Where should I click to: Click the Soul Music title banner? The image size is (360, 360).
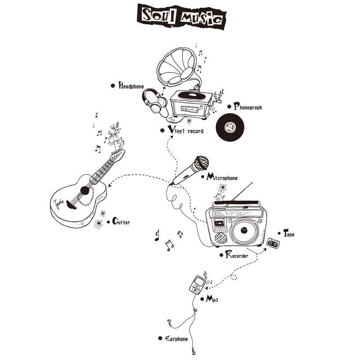click(x=182, y=16)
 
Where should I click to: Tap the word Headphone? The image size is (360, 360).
click(x=131, y=85)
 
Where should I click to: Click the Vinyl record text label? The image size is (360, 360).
click(x=185, y=130)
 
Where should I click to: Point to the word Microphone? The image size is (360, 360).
click(x=222, y=177)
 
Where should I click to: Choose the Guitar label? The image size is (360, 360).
click(x=121, y=221)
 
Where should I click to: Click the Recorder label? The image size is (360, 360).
click(x=237, y=255)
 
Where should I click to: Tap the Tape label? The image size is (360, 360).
click(x=289, y=234)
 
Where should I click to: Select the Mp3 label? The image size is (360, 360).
click(x=211, y=299)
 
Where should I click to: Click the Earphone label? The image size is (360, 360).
click(x=176, y=338)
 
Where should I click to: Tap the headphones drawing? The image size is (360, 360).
click(x=155, y=101)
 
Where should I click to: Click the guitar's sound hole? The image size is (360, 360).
click(x=85, y=190)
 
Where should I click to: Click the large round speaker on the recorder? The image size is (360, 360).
click(x=244, y=230)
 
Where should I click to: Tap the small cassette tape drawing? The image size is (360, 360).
click(x=272, y=243)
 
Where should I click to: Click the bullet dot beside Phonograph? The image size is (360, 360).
click(x=229, y=107)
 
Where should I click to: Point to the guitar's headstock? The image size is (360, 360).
click(x=119, y=155)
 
